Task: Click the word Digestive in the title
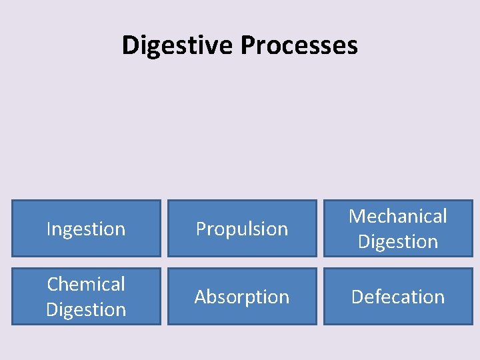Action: pyautogui.click(x=178, y=45)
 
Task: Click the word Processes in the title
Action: pyautogui.click(x=299, y=45)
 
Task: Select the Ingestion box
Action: pyautogui.click(x=86, y=229)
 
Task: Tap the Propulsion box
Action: pyautogui.click(x=242, y=229)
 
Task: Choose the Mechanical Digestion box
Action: pyautogui.click(x=398, y=229)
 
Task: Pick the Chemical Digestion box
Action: pyautogui.click(x=86, y=297)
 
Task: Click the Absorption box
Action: pyautogui.click(x=242, y=297)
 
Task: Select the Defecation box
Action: pyautogui.click(x=398, y=297)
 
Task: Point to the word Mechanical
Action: pyautogui.click(x=398, y=216)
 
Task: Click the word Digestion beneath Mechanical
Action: pyautogui.click(x=398, y=241)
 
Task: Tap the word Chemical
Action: pyautogui.click(x=86, y=284)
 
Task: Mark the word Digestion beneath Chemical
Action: pyautogui.click(x=86, y=309)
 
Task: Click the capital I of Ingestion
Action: pyautogui.click(x=49, y=229)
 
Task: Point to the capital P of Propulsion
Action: pyautogui.click(x=200, y=229)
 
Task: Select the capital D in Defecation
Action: pyautogui.click(x=357, y=297)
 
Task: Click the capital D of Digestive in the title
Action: pyautogui.click(x=130, y=45)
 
